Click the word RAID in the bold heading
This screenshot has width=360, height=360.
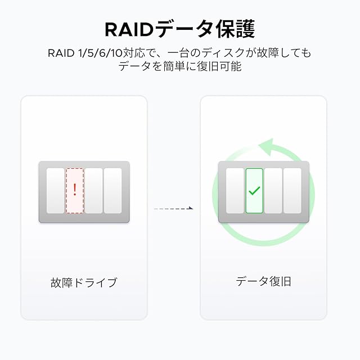129,30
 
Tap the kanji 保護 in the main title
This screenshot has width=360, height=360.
236,29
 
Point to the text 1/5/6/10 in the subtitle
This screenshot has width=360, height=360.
100,53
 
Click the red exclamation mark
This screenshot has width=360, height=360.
75,190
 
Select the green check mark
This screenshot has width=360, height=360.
254,191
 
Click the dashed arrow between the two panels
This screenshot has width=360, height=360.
174,209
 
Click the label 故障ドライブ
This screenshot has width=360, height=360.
84,282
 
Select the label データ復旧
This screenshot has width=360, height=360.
263,281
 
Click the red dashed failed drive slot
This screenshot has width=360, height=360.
75,191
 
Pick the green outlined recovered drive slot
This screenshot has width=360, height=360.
254,191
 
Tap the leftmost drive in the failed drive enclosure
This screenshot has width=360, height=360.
55,191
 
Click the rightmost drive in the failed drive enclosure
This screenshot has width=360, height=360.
112,191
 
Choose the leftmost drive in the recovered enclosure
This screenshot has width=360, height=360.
235,191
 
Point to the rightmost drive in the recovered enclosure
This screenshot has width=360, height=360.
292,191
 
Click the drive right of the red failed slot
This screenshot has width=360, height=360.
94,191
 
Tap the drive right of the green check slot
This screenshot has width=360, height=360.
273,191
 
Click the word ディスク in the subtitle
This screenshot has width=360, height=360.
223,53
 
